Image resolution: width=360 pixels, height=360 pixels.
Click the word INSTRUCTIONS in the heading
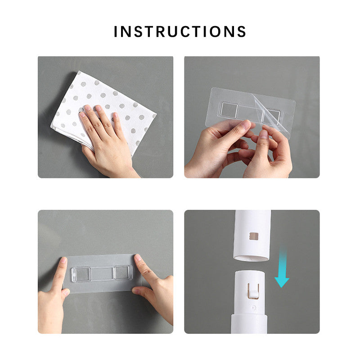[180, 31]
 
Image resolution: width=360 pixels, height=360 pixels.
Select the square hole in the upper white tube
[254, 236]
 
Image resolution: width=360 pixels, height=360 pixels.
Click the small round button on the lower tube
[254, 307]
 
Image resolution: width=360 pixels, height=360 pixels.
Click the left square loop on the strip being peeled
[229, 110]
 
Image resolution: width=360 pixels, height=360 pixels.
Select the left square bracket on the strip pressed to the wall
[81, 274]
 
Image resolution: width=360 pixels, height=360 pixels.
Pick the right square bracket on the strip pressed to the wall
[122, 273]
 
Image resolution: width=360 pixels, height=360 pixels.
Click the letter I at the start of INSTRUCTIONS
[116, 31]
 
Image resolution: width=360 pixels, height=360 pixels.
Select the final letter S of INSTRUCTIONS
[241, 31]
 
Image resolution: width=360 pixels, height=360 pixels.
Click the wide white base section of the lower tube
[249, 324]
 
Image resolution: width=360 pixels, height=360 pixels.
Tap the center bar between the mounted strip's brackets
[102, 274]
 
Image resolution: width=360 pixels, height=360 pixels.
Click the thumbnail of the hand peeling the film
[263, 134]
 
